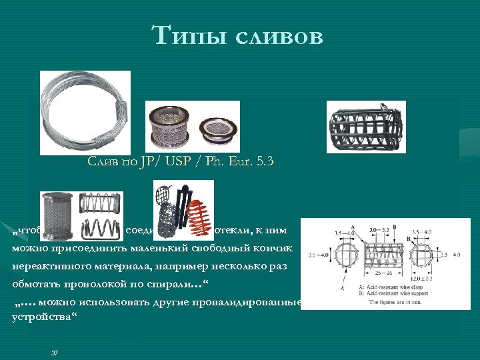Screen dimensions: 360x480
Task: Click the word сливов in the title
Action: [x=279, y=35]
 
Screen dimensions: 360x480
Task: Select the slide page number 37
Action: [x=55, y=352]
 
